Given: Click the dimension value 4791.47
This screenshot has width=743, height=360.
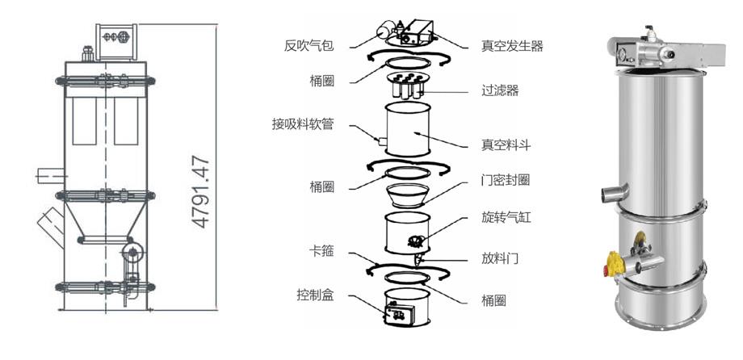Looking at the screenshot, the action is click(x=201, y=192).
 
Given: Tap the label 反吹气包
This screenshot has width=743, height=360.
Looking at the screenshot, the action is click(x=309, y=46).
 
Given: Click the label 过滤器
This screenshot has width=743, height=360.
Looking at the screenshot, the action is click(x=500, y=90).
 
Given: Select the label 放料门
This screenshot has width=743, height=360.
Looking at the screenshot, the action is click(x=500, y=258).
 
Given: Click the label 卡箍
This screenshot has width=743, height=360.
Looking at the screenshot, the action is click(x=321, y=251).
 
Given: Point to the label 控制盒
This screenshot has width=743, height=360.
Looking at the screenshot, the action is click(x=315, y=295).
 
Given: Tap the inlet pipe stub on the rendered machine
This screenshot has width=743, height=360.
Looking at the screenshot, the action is click(x=614, y=192).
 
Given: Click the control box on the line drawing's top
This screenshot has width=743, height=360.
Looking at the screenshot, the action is click(x=116, y=42).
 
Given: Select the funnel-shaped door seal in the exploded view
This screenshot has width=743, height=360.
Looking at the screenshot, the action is click(x=408, y=195).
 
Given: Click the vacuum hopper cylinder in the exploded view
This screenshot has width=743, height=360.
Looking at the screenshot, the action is click(x=408, y=129).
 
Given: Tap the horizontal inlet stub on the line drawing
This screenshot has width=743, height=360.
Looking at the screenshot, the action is click(x=51, y=176).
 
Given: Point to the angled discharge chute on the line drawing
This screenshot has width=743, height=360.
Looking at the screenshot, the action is click(x=51, y=228).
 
